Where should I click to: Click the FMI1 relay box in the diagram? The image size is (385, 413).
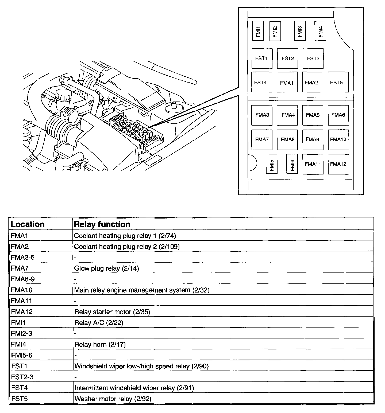[258, 31]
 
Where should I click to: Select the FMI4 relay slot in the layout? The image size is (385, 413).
[320, 31]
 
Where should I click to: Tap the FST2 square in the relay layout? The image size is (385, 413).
[287, 58]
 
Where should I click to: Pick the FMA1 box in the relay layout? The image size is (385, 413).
[287, 82]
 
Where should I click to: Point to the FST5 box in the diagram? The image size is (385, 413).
[338, 82]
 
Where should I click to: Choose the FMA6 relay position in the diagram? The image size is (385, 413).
[338, 115]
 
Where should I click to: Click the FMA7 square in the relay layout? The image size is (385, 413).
[262, 139]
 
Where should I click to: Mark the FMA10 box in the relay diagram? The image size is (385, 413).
[338, 139]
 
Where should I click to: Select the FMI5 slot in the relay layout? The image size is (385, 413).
[272, 164]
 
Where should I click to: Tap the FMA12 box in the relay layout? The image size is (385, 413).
[338, 164]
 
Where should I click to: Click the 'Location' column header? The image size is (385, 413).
[28, 224]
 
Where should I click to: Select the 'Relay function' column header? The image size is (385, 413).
[102, 224]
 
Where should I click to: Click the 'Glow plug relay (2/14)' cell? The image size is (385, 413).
[106, 268]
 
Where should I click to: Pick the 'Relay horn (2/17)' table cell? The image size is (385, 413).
[100, 344]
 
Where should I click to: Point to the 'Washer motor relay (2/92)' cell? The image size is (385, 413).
[113, 399]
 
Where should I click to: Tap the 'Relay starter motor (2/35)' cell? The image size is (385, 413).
[112, 312]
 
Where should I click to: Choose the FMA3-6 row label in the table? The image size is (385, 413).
[23, 257]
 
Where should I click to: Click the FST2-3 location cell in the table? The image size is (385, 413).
[22, 377]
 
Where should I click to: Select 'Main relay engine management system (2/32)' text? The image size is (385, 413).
[142, 290]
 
